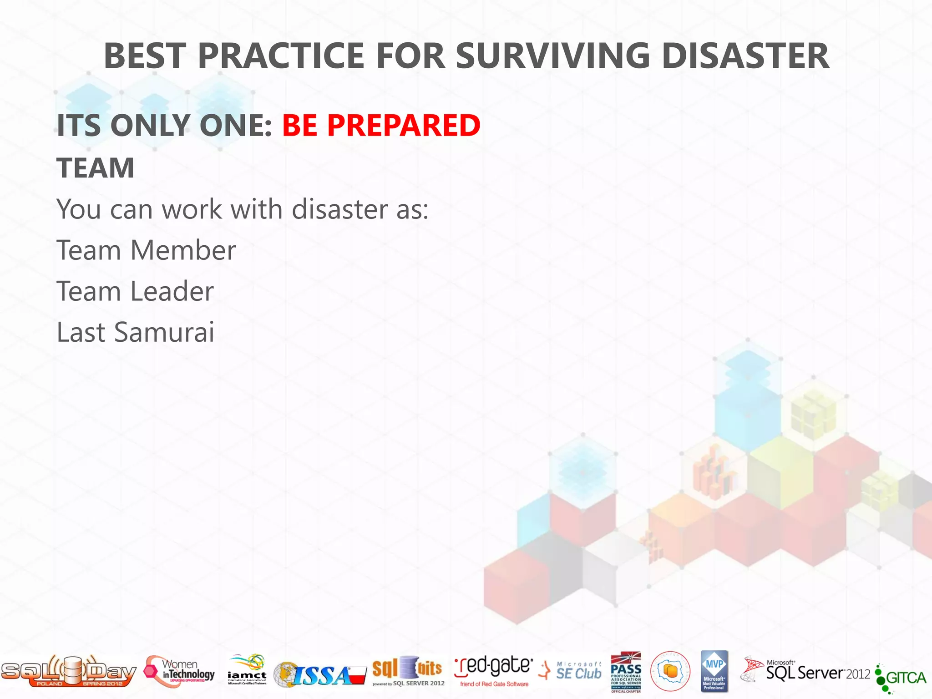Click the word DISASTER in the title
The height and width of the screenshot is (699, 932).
click(x=745, y=56)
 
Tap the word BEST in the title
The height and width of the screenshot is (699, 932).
click(x=145, y=56)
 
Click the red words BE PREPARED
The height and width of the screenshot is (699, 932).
click(x=381, y=125)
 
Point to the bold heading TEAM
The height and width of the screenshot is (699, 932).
click(x=96, y=168)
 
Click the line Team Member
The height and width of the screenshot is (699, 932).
click(x=146, y=250)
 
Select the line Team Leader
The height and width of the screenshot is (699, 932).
click(x=135, y=291)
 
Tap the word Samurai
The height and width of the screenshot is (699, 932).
click(x=164, y=332)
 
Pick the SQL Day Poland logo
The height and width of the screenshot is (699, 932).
click(x=68, y=671)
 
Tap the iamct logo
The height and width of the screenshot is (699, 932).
click(x=247, y=670)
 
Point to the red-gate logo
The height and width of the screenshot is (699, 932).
click(x=494, y=671)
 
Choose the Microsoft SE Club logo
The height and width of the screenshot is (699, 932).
click(x=571, y=671)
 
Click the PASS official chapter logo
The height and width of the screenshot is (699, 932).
click(x=626, y=672)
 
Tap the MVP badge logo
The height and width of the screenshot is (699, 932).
click(x=714, y=671)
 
